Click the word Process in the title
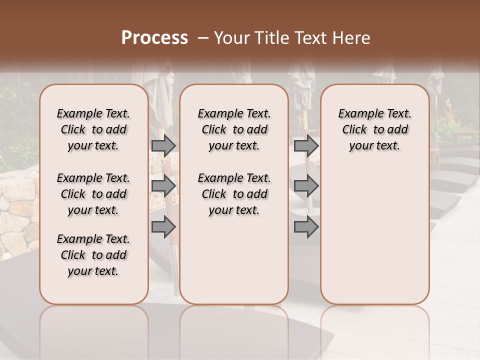tap(154, 38)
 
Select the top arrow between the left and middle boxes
tap(163, 145)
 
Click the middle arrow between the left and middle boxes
tap(163, 186)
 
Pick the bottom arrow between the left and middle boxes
tap(163, 227)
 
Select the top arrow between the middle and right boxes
tap(306, 145)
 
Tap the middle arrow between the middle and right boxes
tap(306, 186)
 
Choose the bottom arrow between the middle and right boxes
tap(306, 227)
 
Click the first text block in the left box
tap(93, 129)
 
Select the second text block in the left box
tap(93, 194)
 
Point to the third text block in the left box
tap(93, 255)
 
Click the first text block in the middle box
tap(234, 129)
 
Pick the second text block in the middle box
tap(234, 194)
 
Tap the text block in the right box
tap(374, 129)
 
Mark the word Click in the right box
tap(354, 130)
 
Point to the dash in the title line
tap(202, 38)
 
